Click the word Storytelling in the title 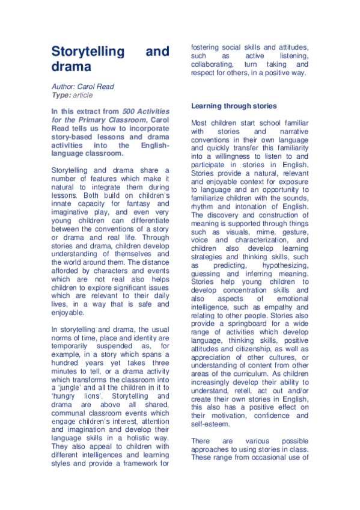pos(87,52)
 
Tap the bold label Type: pos(61,95)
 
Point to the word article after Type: pos(84,95)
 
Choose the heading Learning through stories pos(234,106)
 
